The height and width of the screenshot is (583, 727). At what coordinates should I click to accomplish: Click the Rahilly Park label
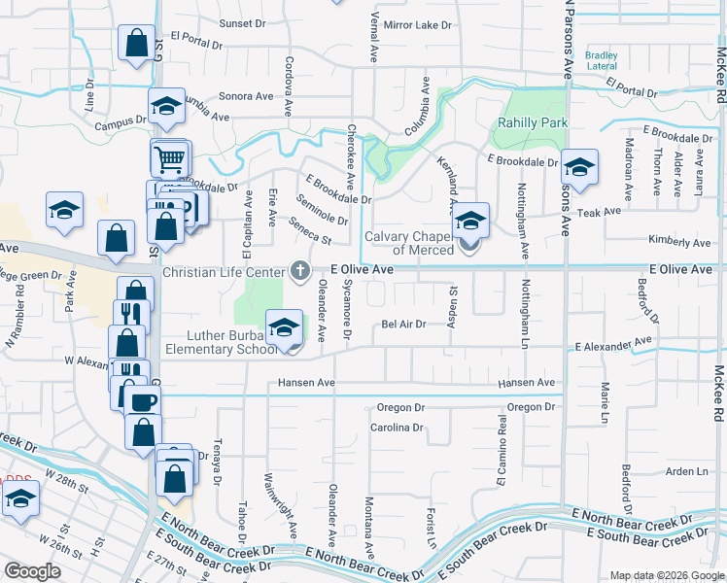(531, 123)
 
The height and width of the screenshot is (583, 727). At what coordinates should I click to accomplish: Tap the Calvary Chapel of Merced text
(409, 243)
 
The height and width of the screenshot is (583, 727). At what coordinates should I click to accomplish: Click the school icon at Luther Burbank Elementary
(284, 326)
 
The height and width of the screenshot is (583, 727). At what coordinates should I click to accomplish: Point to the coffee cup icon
(144, 401)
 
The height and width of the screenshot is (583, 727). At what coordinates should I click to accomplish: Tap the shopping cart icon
(170, 156)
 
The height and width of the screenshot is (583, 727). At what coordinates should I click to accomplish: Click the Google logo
(32, 571)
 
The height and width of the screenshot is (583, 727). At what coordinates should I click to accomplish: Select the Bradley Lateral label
(602, 60)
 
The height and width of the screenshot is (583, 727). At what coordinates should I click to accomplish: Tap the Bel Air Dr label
(403, 325)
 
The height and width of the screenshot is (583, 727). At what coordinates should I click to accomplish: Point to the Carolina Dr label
(397, 427)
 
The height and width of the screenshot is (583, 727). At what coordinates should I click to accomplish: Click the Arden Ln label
(687, 471)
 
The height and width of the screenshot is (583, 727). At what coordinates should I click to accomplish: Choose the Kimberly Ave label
(679, 242)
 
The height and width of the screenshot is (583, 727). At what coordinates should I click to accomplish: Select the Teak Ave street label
(598, 211)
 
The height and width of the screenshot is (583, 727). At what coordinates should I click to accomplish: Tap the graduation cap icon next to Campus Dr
(166, 106)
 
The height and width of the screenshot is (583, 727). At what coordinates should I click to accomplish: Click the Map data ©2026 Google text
(667, 575)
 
